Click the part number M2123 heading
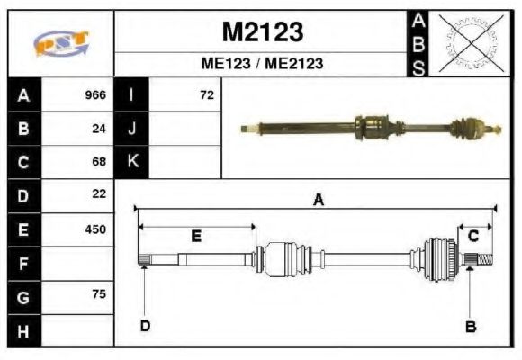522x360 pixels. tap(262, 32)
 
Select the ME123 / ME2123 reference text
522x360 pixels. tap(262, 64)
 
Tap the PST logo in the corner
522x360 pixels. tap(60, 43)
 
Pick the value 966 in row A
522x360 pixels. tap(95, 95)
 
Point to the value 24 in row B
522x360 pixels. tap(99, 129)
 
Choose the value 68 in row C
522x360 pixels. tap(99, 162)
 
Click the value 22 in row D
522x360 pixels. tap(99, 193)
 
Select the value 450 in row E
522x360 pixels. tap(95, 229)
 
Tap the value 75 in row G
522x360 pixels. tap(99, 294)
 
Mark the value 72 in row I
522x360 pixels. tap(207, 95)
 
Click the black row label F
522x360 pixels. tap(23, 264)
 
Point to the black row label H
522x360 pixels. tap(23, 330)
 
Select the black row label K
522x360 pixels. tap(132, 162)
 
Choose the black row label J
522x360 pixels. tap(132, 129)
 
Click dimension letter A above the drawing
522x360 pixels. tap(318, 201)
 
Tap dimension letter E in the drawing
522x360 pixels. tap(196, 237)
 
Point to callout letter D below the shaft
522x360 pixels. tap(145, 326)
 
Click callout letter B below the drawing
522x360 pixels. tap(470, 327)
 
